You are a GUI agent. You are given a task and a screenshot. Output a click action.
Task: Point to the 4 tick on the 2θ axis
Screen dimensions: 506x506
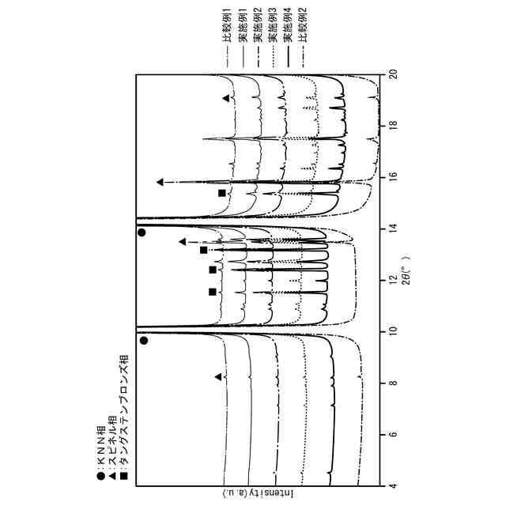coord(395,485)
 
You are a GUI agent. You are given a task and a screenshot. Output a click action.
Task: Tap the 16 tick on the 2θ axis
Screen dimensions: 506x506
coord(395,177)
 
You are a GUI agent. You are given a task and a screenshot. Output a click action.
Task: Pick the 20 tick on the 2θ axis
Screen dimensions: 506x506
coord(395,74)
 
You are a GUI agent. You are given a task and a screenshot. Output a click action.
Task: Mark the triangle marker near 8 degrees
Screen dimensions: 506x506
coord(218,377)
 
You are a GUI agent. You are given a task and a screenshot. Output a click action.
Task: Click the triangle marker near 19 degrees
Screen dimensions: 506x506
coord(226,98)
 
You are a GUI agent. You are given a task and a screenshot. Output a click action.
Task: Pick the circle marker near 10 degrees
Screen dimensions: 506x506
coord(144,341)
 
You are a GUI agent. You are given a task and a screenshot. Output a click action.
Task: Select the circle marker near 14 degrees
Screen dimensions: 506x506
coord(142,232)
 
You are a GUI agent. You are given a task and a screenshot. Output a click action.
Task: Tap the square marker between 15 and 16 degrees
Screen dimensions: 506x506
coord(222,193)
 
